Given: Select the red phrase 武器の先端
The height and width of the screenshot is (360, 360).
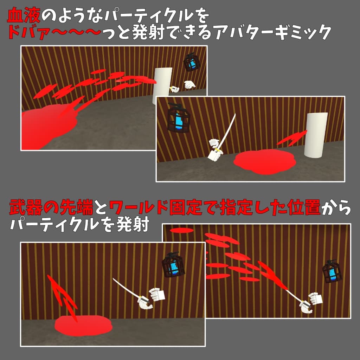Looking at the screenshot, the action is click(x=51, y=207).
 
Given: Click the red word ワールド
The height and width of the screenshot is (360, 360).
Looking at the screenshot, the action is click(x=138, y=207).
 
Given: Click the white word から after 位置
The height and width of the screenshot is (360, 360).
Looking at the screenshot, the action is click(x=336, y=207).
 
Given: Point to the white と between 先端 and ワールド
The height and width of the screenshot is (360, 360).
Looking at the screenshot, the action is click(x=101, y=207).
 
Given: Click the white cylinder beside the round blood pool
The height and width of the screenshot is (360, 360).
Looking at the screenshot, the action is click(x=316, y=135).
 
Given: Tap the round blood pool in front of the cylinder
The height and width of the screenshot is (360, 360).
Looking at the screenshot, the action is click(x=264, y=162).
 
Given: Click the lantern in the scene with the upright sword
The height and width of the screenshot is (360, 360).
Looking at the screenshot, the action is click(x=179, y=117).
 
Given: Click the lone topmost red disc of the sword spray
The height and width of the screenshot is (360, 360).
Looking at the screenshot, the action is click(x=181, y=230).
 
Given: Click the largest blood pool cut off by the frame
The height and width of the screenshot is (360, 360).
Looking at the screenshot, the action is click(x=48, y=126).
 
